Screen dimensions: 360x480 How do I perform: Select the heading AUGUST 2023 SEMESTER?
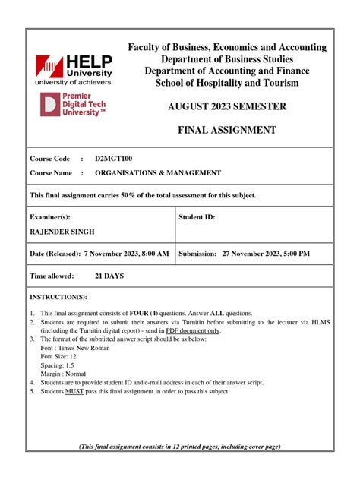(x=238, y=106)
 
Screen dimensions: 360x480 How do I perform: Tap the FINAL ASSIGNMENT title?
(x=238, y=131)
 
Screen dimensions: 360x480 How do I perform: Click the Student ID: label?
(x=197, y=217)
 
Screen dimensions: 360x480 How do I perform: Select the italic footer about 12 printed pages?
(x=180, y=446)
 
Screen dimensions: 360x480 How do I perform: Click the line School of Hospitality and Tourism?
(x=238, y=82)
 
